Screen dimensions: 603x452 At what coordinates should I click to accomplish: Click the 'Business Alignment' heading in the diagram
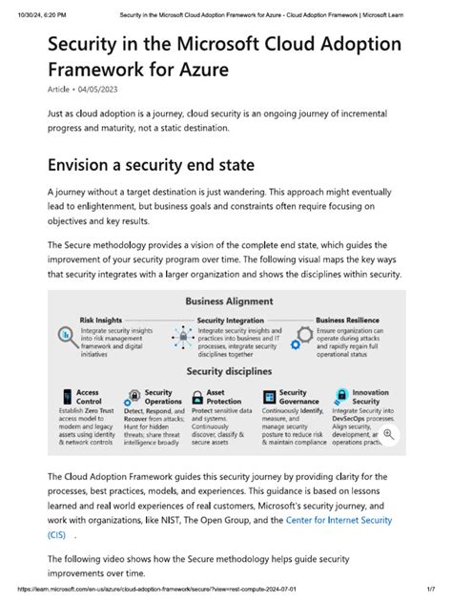coord(226,301)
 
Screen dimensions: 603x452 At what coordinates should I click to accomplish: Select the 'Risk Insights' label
coord(100,321)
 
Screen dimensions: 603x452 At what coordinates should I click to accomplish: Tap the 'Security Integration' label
coord(230,321)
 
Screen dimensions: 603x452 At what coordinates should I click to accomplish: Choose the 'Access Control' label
coord(88,396)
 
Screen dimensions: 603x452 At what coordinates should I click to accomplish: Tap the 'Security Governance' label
coord(295,396)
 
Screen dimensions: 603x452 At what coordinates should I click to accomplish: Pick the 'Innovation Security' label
coord(370,396)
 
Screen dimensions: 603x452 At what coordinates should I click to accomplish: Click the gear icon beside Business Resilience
coord(302,337)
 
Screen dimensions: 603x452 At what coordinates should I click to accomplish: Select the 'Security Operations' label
coord(158,396)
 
